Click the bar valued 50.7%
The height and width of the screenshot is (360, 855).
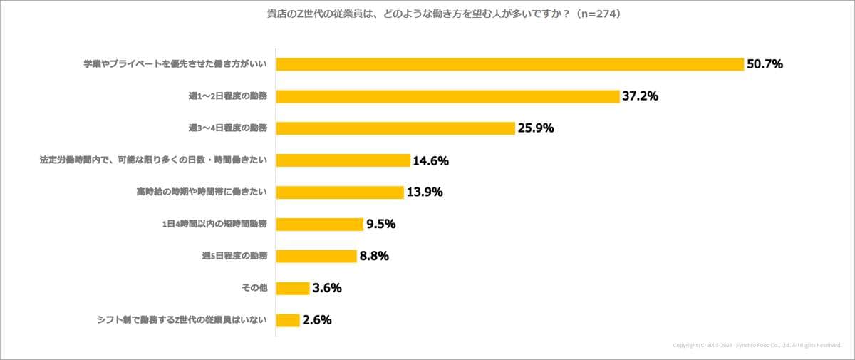(x=509, y=64)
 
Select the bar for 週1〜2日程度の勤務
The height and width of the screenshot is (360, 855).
(x=447, y=96)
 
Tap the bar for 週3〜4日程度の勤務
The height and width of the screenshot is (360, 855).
(x=395, y=128)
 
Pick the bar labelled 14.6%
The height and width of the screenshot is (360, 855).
(x=343, y=160)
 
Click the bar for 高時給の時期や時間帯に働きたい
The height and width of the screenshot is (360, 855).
(x=340, y=192)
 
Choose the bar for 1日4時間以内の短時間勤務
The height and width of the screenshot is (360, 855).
(x=319, y=225)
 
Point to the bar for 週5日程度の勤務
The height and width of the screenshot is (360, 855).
(x=316, y=256)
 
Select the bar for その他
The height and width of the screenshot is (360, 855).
(x=292, y=288)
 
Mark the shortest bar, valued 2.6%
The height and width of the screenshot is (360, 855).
(x=288, y=320)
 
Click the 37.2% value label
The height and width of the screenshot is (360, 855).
(x=640, y=96)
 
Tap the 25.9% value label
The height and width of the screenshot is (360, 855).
(x=536, y=128)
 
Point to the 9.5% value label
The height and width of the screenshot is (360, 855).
(x=380, y=225)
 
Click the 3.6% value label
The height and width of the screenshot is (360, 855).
(x=327, y=288)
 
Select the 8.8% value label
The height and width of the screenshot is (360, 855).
(x=374, y=256)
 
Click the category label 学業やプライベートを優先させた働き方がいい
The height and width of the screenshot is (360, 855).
(x=175, y=64)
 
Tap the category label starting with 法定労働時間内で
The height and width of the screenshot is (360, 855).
(x=153, y=160)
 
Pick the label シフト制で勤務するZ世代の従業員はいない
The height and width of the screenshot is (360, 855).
(x=182, y=320)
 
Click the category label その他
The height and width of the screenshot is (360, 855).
(x=254, y=288)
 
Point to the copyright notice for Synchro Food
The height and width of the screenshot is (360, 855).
(x=757, y=345)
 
